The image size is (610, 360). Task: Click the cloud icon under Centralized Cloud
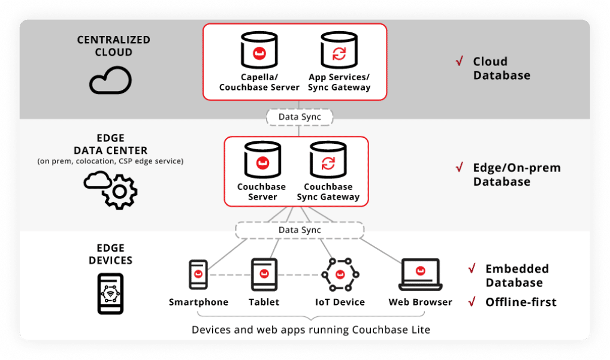point(110,80)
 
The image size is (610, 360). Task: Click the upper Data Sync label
point(300,117)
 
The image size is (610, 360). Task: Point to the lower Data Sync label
point(300,230)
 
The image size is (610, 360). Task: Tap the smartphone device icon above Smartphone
point(198,275)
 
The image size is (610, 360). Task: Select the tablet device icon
point(264,275)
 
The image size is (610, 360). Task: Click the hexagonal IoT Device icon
point(340,275)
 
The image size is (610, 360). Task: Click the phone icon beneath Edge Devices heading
point(110,294)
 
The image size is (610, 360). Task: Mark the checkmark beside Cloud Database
point(460,61)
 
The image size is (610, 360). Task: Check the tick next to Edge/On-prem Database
point(460,167)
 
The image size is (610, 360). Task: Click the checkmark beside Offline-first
point(472,301)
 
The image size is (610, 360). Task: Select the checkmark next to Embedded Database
point(472,268)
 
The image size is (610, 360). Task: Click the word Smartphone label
point(198,302)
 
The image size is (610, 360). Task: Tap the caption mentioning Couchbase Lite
point(310,329)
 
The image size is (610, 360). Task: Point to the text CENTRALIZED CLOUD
point(113,46)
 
